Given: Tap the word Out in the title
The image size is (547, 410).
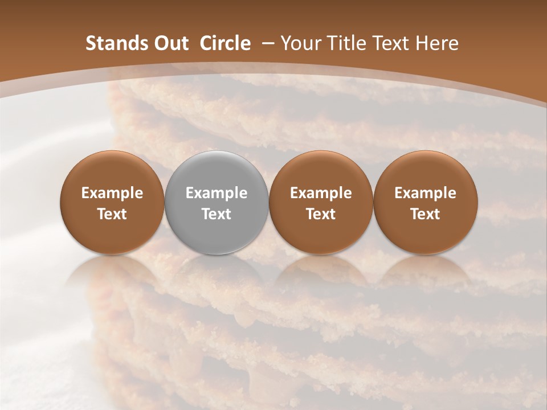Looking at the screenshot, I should click(x=171, y=43).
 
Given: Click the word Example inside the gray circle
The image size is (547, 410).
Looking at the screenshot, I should click(x=217, y=194).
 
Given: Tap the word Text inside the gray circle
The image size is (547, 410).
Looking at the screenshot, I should click(x=217, y=214).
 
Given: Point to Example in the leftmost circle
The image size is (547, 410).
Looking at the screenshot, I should click(x=112, y=194).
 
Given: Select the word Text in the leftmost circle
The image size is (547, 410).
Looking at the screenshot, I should click(x=112, y=214).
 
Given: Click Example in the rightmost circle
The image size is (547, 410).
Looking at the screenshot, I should click(x=425, y=194).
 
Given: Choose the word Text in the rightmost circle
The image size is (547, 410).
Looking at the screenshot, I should click(x=425, y=214).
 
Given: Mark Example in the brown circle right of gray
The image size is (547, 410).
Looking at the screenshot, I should click(x=321, y=194).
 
